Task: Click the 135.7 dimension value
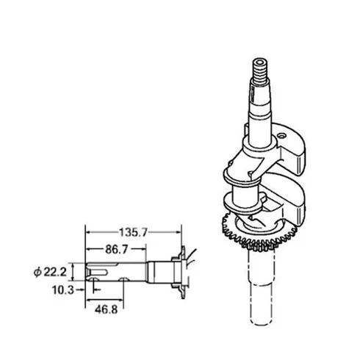point(133,232)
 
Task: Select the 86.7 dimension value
point(117,249)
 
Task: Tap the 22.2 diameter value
point(55,272)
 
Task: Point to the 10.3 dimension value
point(63,290)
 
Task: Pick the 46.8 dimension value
point(107,309)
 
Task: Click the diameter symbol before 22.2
point(37,272)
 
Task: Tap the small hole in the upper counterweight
point(281,135)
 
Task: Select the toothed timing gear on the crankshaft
point(259,233)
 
